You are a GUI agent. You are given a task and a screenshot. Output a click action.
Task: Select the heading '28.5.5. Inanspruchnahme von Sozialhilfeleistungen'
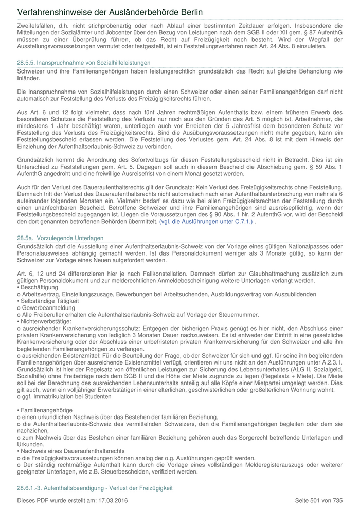[83, 62]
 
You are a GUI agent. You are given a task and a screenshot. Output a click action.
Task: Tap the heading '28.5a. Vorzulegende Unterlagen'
[60, 238]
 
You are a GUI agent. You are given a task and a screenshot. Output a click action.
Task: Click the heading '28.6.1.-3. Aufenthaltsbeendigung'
[95, 487]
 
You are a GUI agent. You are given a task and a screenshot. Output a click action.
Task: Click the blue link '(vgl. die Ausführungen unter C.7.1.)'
[206, 221]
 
